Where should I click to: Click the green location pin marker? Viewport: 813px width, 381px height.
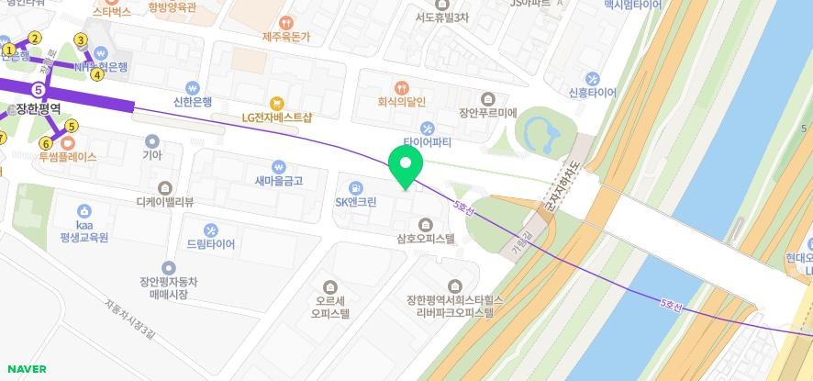405,166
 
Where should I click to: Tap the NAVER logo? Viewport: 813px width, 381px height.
27,369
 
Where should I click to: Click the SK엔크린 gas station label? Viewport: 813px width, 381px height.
355,201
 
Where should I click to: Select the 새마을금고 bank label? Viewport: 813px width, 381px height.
279,181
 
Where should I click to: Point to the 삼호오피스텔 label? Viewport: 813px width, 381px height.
426,238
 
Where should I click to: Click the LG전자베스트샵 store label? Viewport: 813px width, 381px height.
276,117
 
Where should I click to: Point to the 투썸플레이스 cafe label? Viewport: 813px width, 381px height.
67,156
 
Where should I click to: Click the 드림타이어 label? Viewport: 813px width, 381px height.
210,244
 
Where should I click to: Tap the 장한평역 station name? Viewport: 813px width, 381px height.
38,108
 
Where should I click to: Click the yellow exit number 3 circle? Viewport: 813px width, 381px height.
81,39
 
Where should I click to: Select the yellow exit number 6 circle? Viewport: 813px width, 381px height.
45,143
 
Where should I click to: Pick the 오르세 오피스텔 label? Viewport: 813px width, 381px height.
330,306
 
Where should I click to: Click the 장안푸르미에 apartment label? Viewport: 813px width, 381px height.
488,113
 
